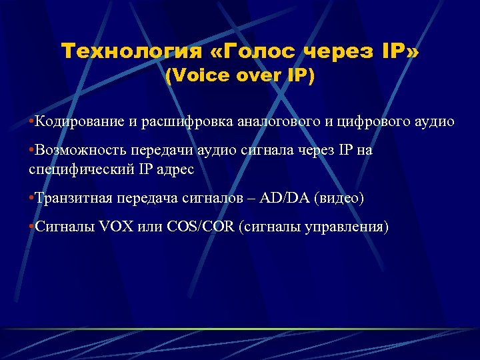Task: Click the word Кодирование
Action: click(81, 121)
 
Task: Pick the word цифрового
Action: click(372, 121)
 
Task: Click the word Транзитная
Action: click(73, 198)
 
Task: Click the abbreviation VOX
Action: click(115, 227)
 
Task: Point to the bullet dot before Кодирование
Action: click(31, 122)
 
